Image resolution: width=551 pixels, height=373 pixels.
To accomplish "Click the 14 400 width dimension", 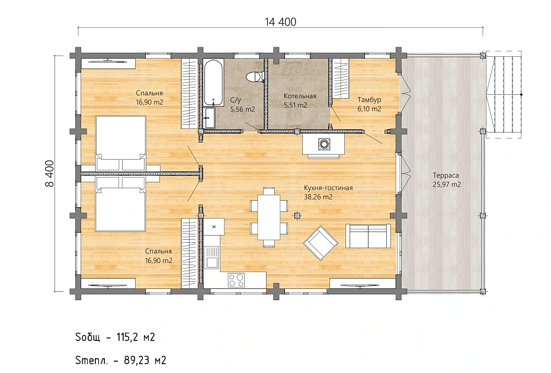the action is pyautogui.click(x=280, y=22).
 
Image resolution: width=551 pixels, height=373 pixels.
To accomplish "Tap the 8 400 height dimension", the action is pyautogui.click(x=50, y=173).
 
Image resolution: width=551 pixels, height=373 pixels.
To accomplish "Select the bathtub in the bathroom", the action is pyautogui.click(x=213, y=82).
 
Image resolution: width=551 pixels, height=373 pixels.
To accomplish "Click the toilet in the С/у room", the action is pyautogui.click(x=254, y=76).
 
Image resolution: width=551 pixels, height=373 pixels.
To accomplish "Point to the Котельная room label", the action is pyautogui.click(x=300, y=96).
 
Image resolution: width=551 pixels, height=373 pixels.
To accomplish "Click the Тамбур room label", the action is pyautogui.click(x=369, y=99).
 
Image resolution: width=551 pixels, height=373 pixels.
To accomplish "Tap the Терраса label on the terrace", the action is pyautogui.click(x=446, y=175).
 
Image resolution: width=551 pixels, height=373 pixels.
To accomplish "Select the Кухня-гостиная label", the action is pyautogui.click(x=328, y=188).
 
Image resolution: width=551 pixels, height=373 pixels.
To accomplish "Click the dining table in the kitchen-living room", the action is pyautogui.click(x=269, y=216).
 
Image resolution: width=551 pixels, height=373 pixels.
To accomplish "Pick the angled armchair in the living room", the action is pyautogui.click(x=321, y=243).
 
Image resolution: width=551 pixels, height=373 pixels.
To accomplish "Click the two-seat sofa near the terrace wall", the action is pyautogui.click(x=368, y=236).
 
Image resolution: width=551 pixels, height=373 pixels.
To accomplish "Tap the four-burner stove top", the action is pyautogui.click(x=236, y=280).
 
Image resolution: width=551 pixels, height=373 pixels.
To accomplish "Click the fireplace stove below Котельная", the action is pyautogui.click(x=323, y=144).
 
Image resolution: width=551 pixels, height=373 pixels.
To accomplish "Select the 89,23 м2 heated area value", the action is pyautogui.click(x=145, y=361).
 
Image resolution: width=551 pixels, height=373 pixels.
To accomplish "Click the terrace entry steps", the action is pyautogui.click(x=503, y=95).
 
